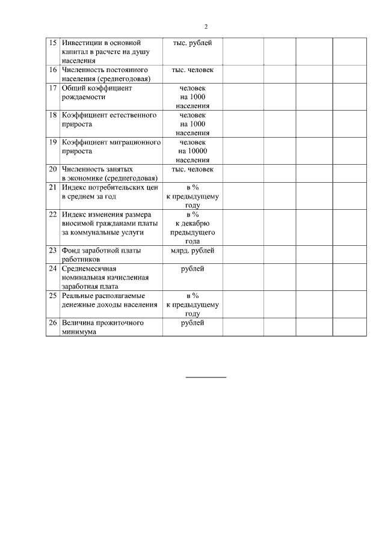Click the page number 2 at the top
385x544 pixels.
point(206,26)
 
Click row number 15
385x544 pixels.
point(52,43)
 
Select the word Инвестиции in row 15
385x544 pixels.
point(81,43)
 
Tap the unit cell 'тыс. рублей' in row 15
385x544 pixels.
point(192,43)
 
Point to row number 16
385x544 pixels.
point(52,70)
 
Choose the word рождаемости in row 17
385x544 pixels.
point(84,97)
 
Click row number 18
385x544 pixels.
point(52,115)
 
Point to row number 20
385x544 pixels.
point(52,170)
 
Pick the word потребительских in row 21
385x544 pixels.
point(118,188)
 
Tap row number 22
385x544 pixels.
point(52,215)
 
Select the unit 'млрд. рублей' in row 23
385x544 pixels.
point(192,251)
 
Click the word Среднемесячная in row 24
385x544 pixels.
point(88,269)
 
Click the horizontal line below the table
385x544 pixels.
point(206,377)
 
